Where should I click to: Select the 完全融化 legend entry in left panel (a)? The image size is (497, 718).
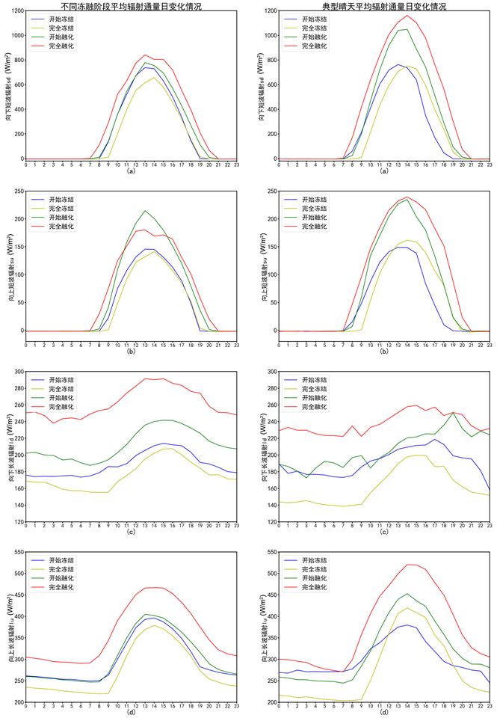(61, 46)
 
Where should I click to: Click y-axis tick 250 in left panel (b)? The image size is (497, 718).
(16, 191)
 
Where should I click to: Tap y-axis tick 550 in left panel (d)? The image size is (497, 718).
(16, 551)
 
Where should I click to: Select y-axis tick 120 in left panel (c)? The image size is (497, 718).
(16, 521)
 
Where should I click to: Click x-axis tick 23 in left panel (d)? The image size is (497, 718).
(236, 709)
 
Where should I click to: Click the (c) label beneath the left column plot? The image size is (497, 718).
(131, 530)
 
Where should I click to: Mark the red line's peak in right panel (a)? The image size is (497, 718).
(407, 16)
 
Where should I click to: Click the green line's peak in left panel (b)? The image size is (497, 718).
(145, 211)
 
